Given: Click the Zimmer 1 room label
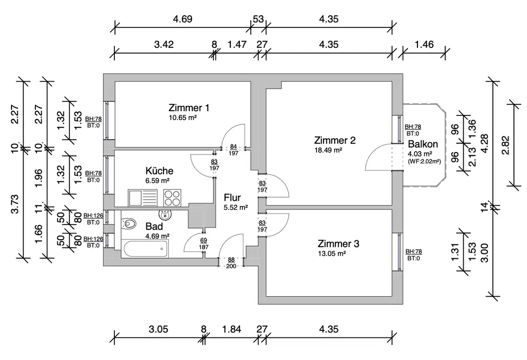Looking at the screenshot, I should point(189,108).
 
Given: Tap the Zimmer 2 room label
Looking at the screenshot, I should point(335,140).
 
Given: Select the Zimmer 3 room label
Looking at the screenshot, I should point(338,244).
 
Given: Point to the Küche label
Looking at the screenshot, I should point(159,171).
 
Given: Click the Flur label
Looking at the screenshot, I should point(232,198).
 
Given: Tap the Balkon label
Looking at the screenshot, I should point(421,144).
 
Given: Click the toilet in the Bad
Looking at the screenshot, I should point(128,223).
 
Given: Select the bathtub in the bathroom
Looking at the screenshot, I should point(144,250).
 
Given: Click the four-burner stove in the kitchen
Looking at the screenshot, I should point(172,198).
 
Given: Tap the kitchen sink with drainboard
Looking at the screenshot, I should point(142,198).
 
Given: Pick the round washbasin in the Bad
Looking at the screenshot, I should point(166,215).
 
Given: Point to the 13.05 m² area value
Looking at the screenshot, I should point(331,254).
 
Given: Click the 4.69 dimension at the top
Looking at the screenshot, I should point(183,19).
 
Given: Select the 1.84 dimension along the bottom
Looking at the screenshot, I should point(231,329).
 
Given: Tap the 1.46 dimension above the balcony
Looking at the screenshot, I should point(424,44).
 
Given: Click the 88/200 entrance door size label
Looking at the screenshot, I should point(231,262).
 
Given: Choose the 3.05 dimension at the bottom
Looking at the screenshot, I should point(158,329).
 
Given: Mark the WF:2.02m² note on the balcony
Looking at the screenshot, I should point(424,162).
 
